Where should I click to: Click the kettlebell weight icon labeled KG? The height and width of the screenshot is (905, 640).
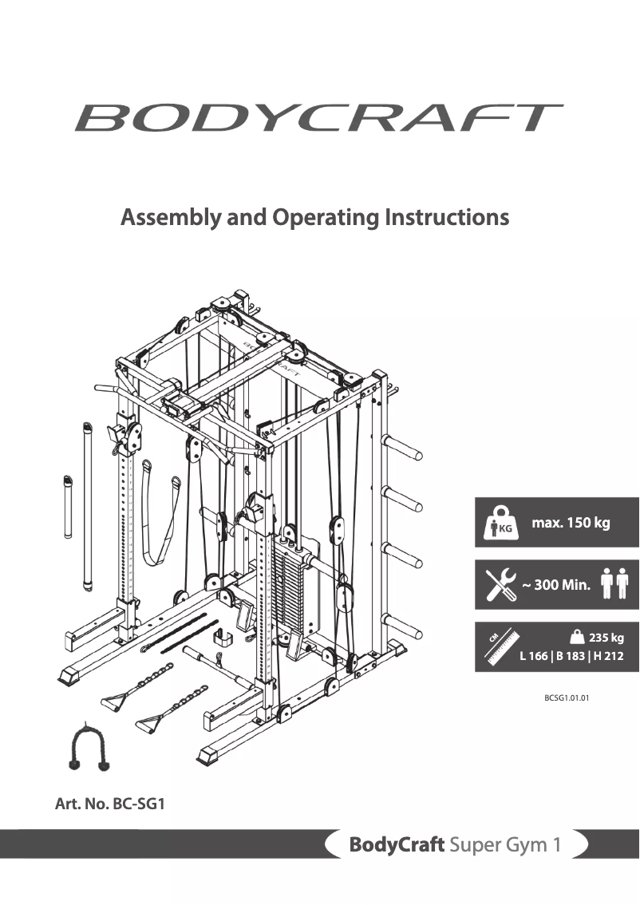click(500, 523)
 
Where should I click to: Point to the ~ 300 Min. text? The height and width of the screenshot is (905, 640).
click(556, 585)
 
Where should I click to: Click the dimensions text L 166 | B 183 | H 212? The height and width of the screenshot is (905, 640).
click(571, 657)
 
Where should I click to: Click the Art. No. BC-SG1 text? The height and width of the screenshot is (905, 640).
click(109, 804)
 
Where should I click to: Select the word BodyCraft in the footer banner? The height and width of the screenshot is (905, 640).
click(396, 845)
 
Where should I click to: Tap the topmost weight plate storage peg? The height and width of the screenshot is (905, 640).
click(405, 456)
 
